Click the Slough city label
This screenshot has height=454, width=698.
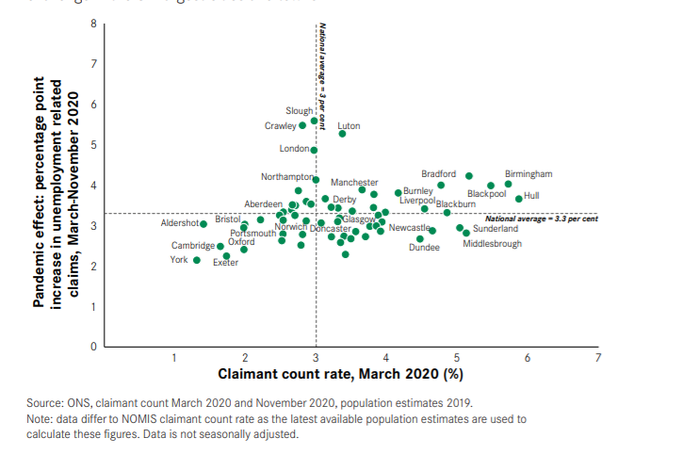299,111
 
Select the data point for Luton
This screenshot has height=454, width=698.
343,134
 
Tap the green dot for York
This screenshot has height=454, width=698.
197,260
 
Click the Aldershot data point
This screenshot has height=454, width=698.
203,224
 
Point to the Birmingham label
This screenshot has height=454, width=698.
528,174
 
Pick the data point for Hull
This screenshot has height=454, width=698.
518,199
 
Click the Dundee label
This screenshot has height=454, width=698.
424,248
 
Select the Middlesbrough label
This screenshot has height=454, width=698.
492,244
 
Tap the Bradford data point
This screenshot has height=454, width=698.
469,175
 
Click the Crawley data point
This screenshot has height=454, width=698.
302,125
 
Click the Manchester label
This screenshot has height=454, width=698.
354,182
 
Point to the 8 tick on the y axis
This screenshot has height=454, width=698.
93,24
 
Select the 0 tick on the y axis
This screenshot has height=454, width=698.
93,347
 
